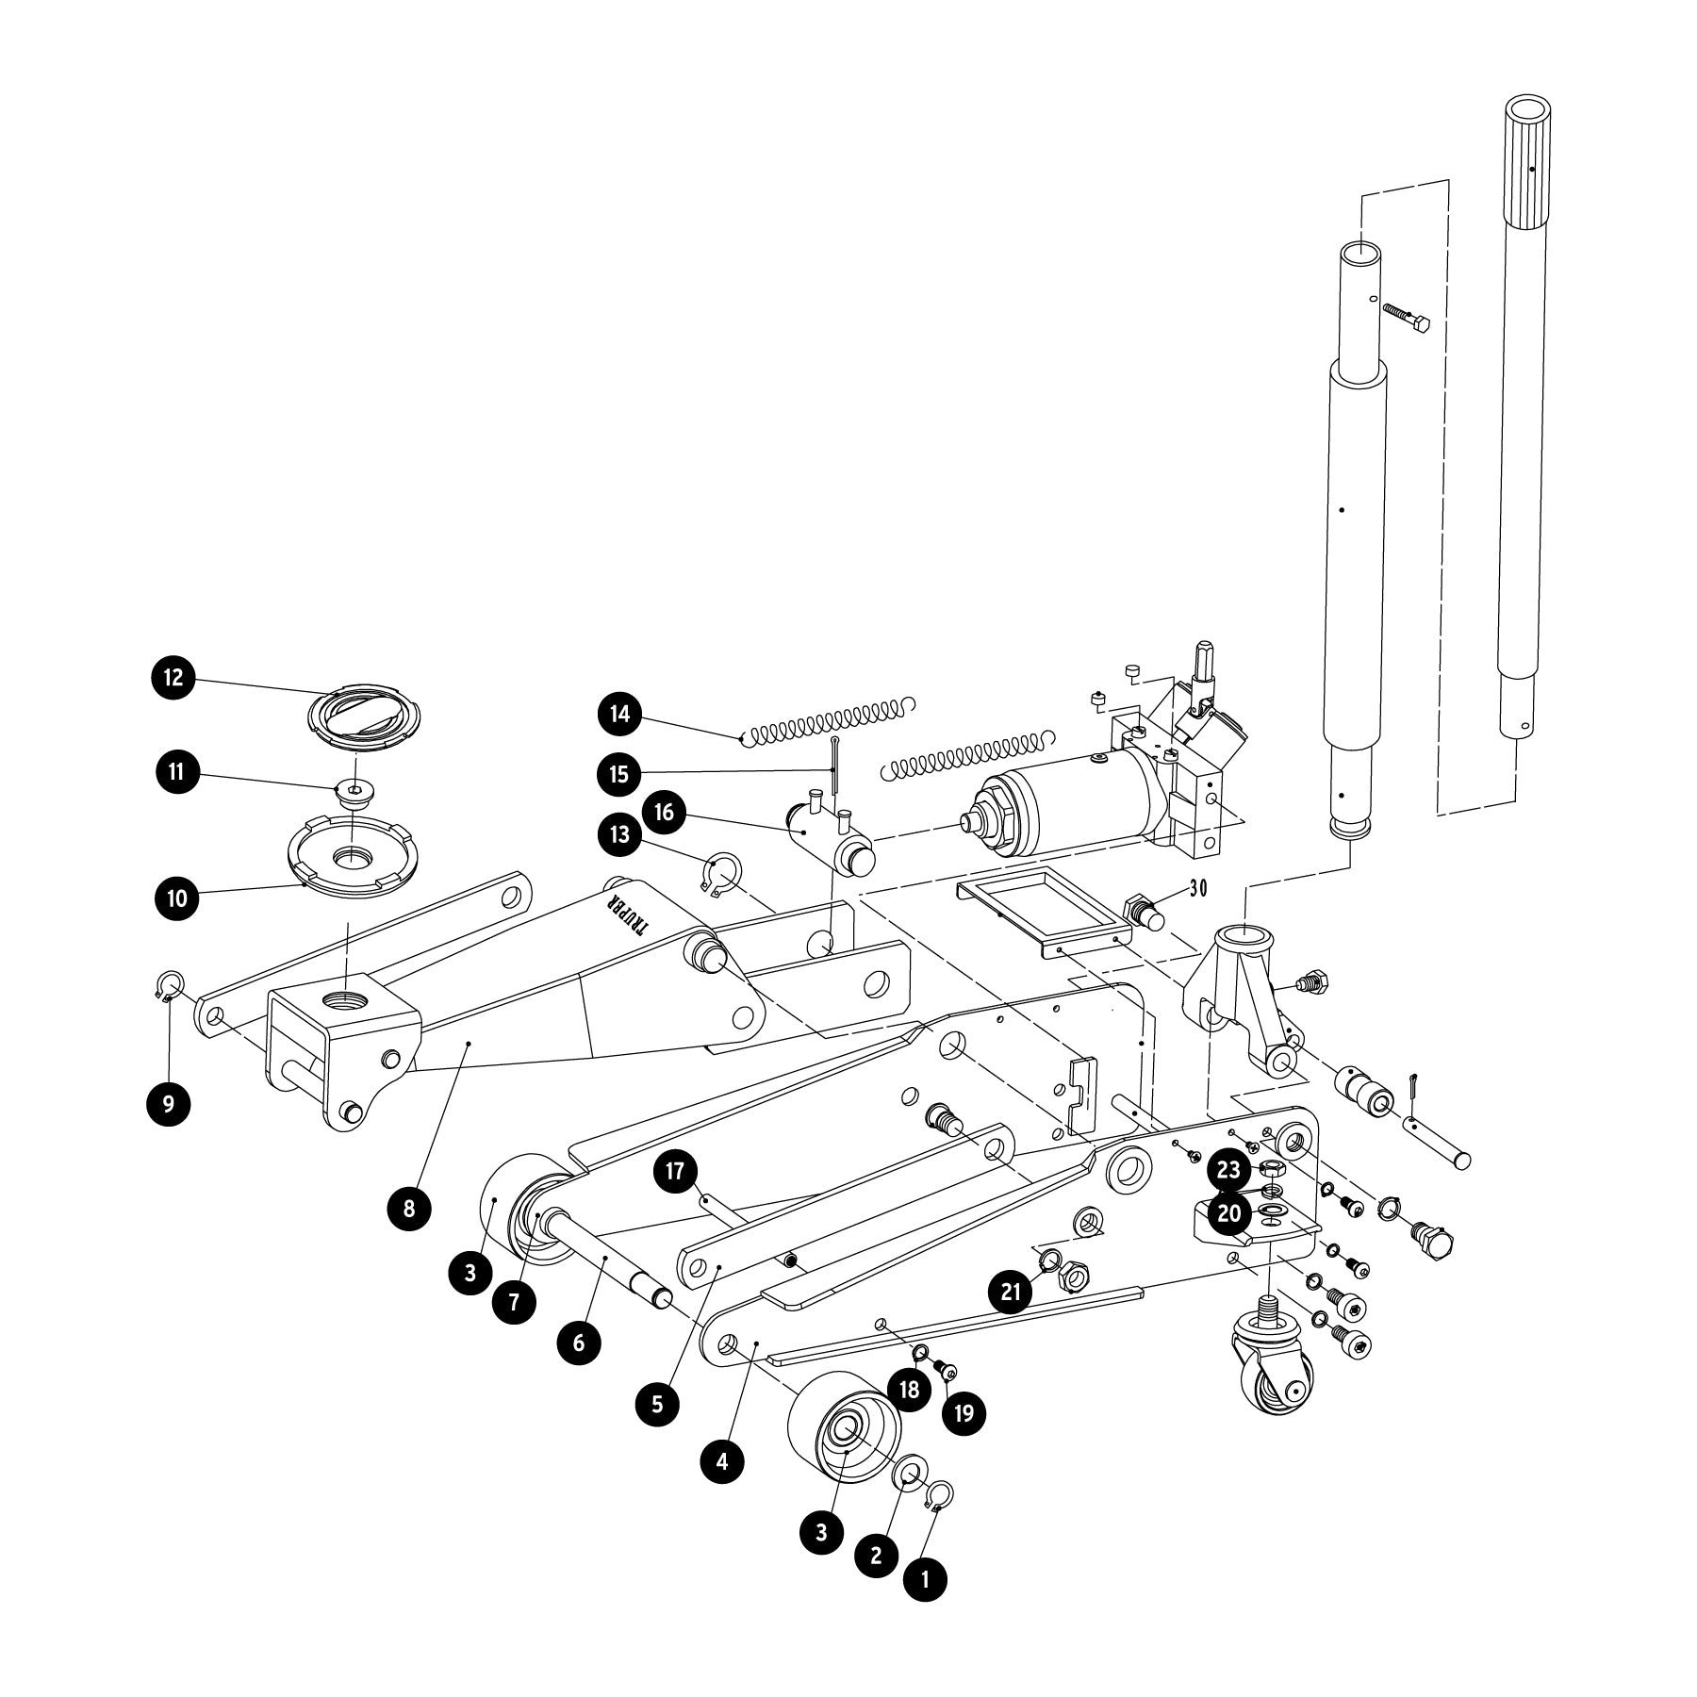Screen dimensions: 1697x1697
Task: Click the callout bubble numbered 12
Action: [173, 678]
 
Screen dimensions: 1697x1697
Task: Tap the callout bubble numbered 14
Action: [619, 714]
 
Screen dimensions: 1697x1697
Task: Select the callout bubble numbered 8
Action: [409, 1209]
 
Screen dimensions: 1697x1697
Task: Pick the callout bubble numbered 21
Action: [1011, 1291]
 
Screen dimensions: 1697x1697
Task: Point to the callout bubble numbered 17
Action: [675, 1172]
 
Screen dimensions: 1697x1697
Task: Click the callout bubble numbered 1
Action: [925, 1578]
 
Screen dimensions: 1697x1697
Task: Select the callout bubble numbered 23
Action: [1228, 1170]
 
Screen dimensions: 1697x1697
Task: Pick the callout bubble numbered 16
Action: [665, 812]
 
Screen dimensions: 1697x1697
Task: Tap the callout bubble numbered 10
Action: [177, 898]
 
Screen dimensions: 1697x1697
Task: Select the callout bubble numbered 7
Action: [514, 1302]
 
